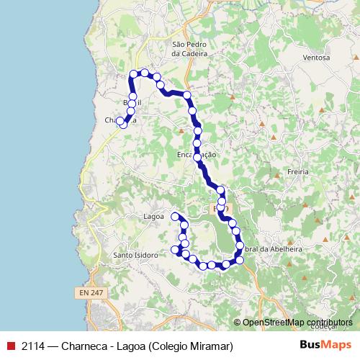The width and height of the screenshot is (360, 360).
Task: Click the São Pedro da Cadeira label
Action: point(189,48)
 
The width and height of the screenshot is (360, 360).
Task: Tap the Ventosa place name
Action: point(316,58)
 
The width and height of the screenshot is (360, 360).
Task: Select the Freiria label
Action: point(297,172)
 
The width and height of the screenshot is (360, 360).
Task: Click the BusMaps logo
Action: point(325,345)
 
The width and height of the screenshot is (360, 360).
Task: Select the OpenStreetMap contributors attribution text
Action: point(297,323)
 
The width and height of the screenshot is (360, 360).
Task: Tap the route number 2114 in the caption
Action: point(35,346)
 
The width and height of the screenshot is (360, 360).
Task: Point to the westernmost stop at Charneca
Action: point(120,121)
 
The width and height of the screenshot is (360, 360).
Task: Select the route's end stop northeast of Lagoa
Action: point(175,216)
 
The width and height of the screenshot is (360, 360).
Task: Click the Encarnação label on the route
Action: point(196,155)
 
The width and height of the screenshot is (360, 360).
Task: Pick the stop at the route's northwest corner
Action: point(133,74)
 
